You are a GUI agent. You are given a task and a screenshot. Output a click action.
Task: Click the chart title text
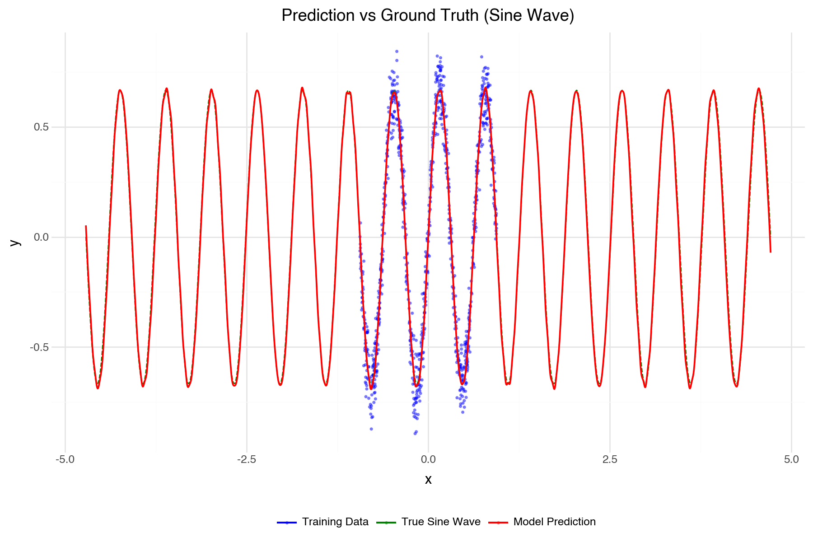pos(428,15)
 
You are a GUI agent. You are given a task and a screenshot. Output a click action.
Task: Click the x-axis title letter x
pos(428,480)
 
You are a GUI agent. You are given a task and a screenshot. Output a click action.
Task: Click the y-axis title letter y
pos(15,243)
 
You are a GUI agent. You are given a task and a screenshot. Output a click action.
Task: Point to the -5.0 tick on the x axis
pos(65,460)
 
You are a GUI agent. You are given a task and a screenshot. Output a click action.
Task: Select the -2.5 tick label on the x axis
pos(247,460)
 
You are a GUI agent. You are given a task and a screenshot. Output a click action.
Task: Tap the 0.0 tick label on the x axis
pos(428,460)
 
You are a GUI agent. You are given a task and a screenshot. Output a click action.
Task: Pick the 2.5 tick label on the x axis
pos(610,460)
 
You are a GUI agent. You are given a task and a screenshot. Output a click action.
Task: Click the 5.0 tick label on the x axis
pos(791,460)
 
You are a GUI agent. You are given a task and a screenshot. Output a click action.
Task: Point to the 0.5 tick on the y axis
pos(41,127)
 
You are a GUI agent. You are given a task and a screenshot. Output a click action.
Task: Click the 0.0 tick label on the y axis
pos(41,237)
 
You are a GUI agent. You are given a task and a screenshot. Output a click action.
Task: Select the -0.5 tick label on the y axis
pos(39,347)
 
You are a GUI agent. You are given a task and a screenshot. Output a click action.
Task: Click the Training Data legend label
pos(335,522)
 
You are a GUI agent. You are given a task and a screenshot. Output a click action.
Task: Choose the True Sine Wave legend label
pos(441,522)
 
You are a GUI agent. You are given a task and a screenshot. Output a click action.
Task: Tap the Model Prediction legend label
pos(555,522)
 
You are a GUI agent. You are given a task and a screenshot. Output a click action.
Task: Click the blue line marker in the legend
pos(287,522)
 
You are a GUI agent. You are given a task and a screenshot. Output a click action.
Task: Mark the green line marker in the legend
pos(386,522)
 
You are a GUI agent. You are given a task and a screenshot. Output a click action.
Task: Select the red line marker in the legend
pos(498,522)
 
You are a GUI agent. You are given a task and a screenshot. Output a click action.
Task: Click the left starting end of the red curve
pos(86,226)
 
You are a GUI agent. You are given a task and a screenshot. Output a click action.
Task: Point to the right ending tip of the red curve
pos(771,252)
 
